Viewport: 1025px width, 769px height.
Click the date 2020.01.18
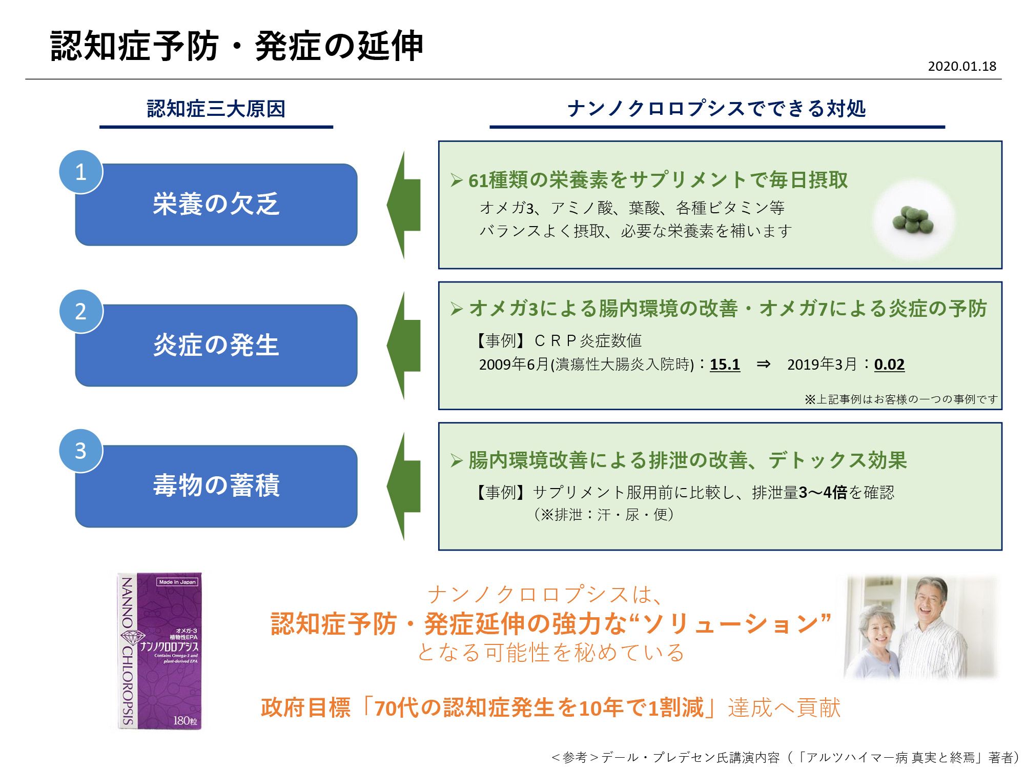click(962, 66)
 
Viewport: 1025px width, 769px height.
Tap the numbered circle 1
click(81, 172)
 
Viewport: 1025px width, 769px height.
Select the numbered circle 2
click(81, 311)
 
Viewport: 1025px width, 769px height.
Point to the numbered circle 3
click(81, 451)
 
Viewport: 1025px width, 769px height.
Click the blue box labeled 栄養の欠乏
click(216, 205)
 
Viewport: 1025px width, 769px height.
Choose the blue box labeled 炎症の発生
click(216, 345)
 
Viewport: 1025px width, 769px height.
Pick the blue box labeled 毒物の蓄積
click(216, 485)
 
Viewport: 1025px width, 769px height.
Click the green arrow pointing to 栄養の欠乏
click(403, 205)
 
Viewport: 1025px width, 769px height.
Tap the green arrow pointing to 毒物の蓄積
click(403, 485)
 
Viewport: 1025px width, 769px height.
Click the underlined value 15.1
click(725, 365)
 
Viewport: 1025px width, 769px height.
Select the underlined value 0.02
click(889, 365)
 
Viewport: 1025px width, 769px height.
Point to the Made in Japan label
click(177, 582)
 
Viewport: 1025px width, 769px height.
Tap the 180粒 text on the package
click(185, 721)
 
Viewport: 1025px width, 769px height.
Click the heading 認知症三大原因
click(216, 109)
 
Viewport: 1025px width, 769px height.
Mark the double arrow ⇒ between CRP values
click(763, 364)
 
